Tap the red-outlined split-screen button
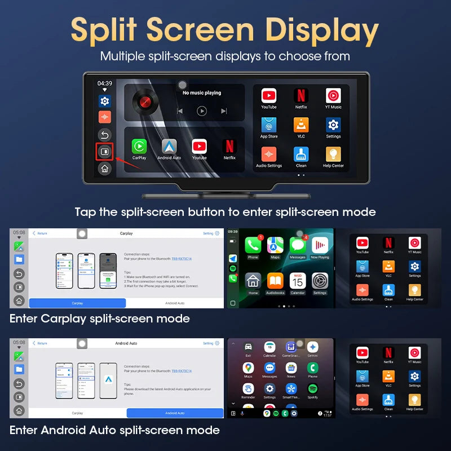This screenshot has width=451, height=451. click(x=104, y=152)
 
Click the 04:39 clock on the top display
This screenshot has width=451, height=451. click(x=105, y=83)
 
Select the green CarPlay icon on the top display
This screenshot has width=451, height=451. click(x=139, y=146)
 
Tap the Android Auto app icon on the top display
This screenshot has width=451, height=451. click(x=169, y=146)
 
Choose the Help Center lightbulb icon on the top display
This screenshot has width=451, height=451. click(x=333, y=154)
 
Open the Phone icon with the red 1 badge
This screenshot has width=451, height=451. click(x=253, y=245)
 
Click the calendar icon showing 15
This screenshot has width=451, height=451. click(x=298, y=280)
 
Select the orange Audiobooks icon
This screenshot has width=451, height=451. click(x=275, y=280)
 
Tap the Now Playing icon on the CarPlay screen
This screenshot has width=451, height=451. click(x=320, y=245)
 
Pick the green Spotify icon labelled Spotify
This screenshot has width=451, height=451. click(x=313, y=388)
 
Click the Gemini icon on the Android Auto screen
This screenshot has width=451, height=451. click(x=313, y=347)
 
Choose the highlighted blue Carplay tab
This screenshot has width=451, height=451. click(x=77, y=303)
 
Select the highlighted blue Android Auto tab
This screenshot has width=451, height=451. click(x=175, y=413)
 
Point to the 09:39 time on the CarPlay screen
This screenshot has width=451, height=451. click(x=233, y=231)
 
